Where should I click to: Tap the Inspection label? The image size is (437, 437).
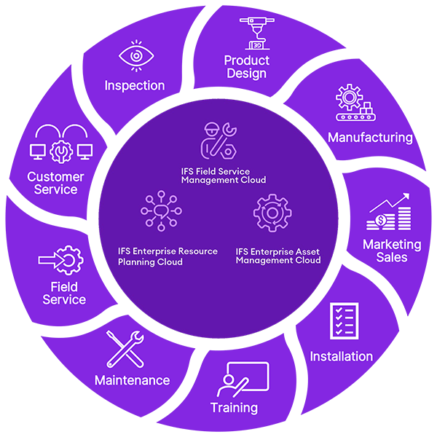coord(134,85)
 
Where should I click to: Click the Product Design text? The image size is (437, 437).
coord(246,66)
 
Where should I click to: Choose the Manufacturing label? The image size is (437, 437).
coord(370,137)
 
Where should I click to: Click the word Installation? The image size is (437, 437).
coord(342,356)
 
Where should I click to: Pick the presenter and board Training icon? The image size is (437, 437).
coord(244,379)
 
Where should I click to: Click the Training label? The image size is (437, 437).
coord(234,407)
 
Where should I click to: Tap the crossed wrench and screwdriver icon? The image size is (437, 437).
coord(122,348)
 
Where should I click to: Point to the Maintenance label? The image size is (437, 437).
coord(132,380)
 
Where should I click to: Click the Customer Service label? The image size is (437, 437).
coord(55,183)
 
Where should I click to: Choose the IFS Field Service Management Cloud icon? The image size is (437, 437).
coord(219,141)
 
